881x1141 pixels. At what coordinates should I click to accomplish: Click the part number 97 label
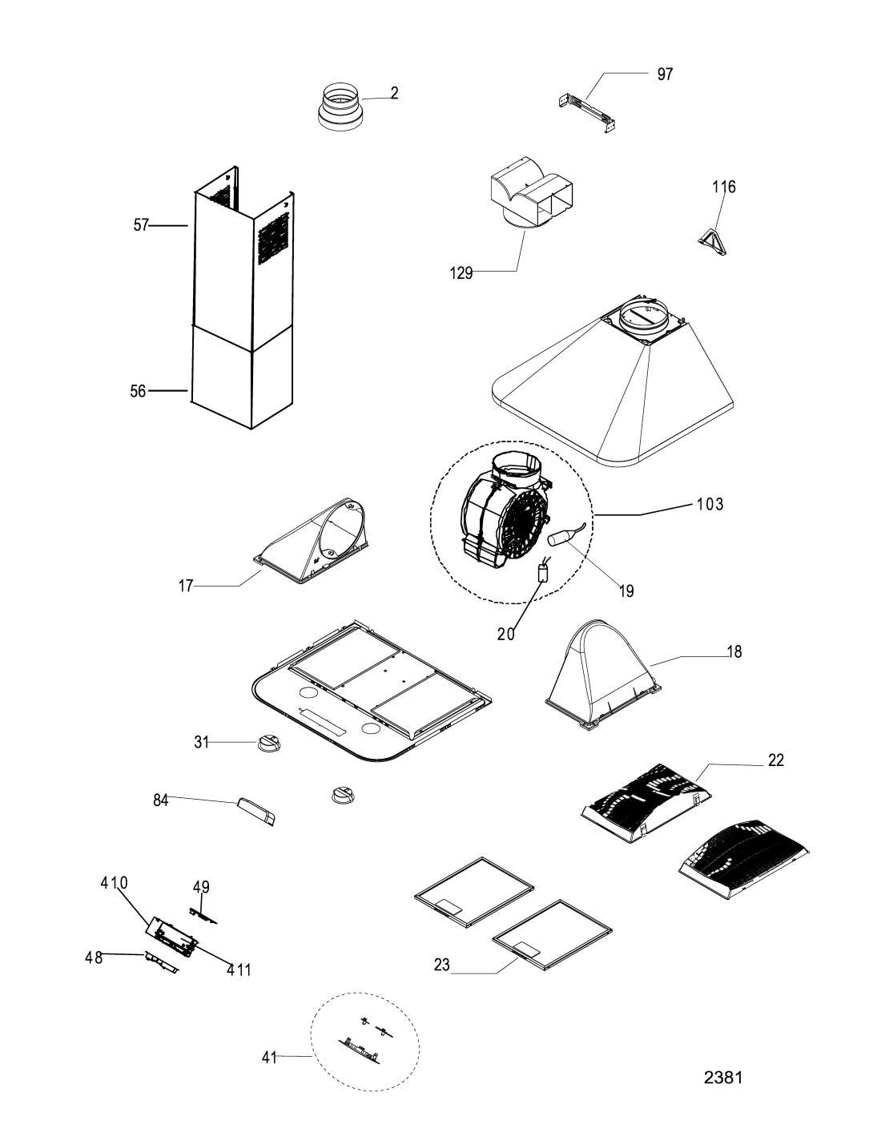pos(665,75)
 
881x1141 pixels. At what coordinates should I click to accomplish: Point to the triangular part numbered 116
pos(712,241)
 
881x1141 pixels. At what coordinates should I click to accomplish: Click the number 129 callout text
pos(461,273)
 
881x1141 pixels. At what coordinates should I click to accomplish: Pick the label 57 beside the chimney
pos(141,225)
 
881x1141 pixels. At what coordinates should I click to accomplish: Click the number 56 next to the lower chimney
pos(138,391)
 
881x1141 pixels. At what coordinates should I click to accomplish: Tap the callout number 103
pos(710,505)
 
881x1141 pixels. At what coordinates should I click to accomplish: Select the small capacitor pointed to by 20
pos(544,570)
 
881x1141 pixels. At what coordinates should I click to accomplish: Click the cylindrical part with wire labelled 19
pos(561,537)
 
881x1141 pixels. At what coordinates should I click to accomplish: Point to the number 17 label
pos(186,586)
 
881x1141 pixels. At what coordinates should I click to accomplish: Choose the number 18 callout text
pos(734,651)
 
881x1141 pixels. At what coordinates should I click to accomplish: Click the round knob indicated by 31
pos(269,743)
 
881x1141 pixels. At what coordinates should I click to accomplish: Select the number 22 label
pos(775,760)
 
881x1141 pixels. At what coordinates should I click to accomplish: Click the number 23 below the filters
pos(442,965)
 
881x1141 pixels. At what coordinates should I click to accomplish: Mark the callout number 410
pos(115,883)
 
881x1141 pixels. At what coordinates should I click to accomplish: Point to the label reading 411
pos(239,970)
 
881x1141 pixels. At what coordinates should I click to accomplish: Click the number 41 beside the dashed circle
pos(269,1058)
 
